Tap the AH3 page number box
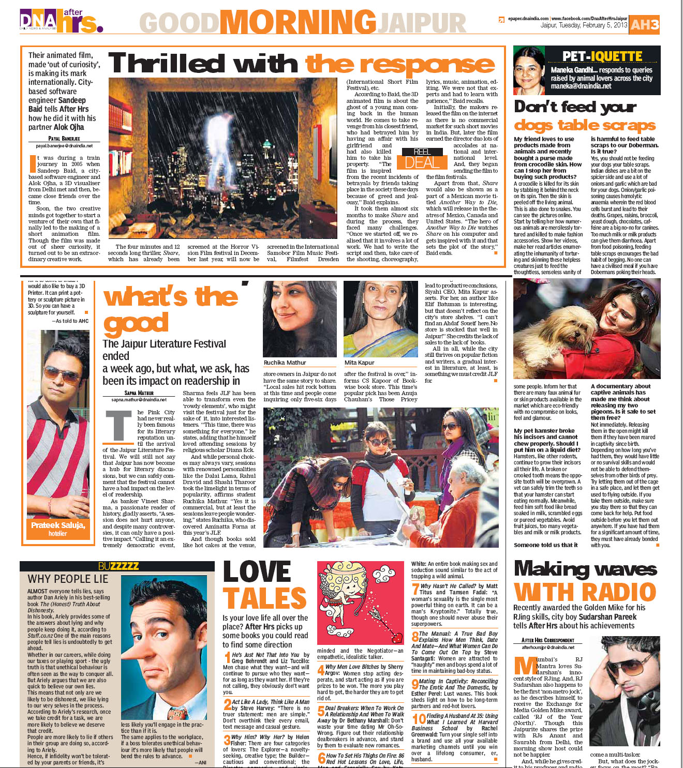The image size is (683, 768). point(645,24)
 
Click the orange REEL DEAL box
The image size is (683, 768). point(422,159)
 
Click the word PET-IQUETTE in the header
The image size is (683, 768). point(602,56)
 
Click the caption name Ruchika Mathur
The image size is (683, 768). point(285,363)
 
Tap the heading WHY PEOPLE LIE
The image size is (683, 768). point(68,579)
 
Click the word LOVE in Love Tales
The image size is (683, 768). point(257,572)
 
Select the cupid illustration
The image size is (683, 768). point(359,600)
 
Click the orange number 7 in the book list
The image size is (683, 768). point(415,589)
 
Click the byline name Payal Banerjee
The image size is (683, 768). point(64,139)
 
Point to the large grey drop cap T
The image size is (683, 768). point(118,425)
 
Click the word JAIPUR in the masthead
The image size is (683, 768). point(422,23)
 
